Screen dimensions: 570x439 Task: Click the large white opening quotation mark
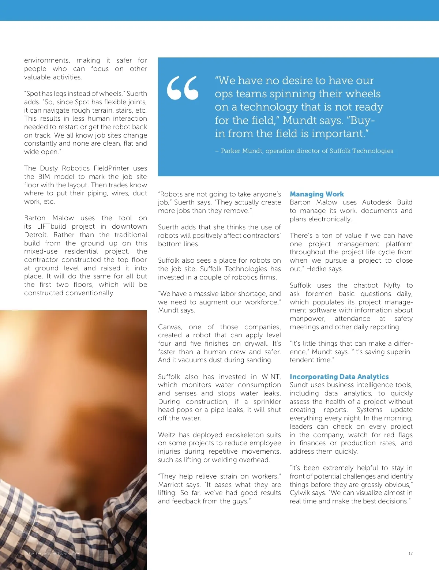[183, 88]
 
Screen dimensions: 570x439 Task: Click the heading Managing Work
[317, 194]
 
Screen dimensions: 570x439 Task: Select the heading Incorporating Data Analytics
[339, 376]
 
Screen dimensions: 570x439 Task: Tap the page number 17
[410, 554]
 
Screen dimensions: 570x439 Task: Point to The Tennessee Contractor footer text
[53, 554]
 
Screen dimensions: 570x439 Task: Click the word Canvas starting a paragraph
[170, 327]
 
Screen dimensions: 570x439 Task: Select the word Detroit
[35, 235]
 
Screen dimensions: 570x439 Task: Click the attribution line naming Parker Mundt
[307, 151]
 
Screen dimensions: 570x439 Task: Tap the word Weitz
[167, 435]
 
